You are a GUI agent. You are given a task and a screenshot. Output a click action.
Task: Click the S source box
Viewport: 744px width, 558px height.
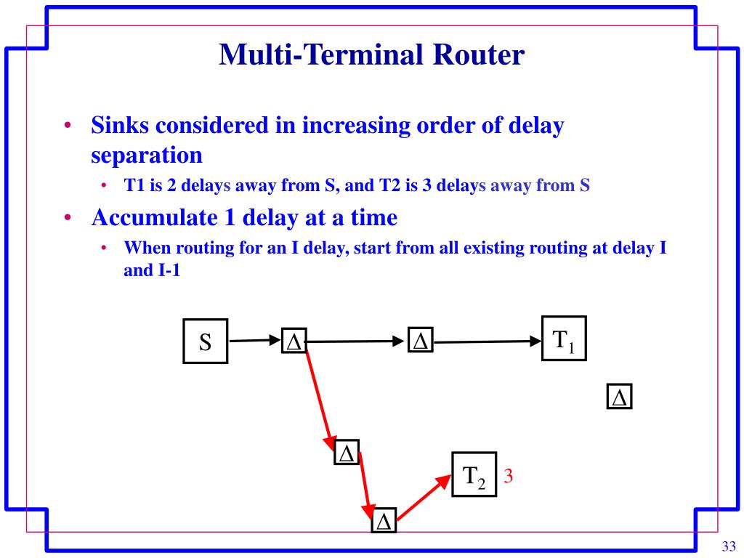[205, 341]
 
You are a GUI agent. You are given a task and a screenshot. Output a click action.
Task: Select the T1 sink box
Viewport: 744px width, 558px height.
[564, 338]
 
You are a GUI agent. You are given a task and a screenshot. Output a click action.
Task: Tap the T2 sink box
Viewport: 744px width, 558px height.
[474, 474]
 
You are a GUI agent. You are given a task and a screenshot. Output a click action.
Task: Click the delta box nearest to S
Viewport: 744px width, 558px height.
[294, 341]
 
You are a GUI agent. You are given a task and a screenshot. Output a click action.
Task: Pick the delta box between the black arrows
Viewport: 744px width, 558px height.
[420, 341]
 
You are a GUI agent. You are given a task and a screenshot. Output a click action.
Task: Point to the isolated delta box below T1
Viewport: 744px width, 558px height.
[619, 397]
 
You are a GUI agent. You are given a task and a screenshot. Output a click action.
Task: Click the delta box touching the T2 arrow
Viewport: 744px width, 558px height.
[384, 521]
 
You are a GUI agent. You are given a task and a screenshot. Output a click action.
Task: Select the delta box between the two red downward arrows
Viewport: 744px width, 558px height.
[347, 453]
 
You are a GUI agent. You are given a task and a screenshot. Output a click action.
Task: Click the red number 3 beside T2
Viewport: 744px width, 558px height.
[509, 477]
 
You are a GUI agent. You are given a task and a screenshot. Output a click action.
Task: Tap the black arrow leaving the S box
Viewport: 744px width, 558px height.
[254, 339]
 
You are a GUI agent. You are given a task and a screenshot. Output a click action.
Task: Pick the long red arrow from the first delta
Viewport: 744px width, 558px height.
[320, 397]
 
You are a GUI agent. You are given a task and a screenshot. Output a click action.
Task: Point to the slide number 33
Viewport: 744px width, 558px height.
[729, 546]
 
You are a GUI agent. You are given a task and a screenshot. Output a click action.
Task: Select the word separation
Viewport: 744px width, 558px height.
[146, 155]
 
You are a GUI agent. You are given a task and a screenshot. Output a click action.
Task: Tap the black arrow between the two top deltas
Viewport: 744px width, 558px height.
[357, 341]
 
